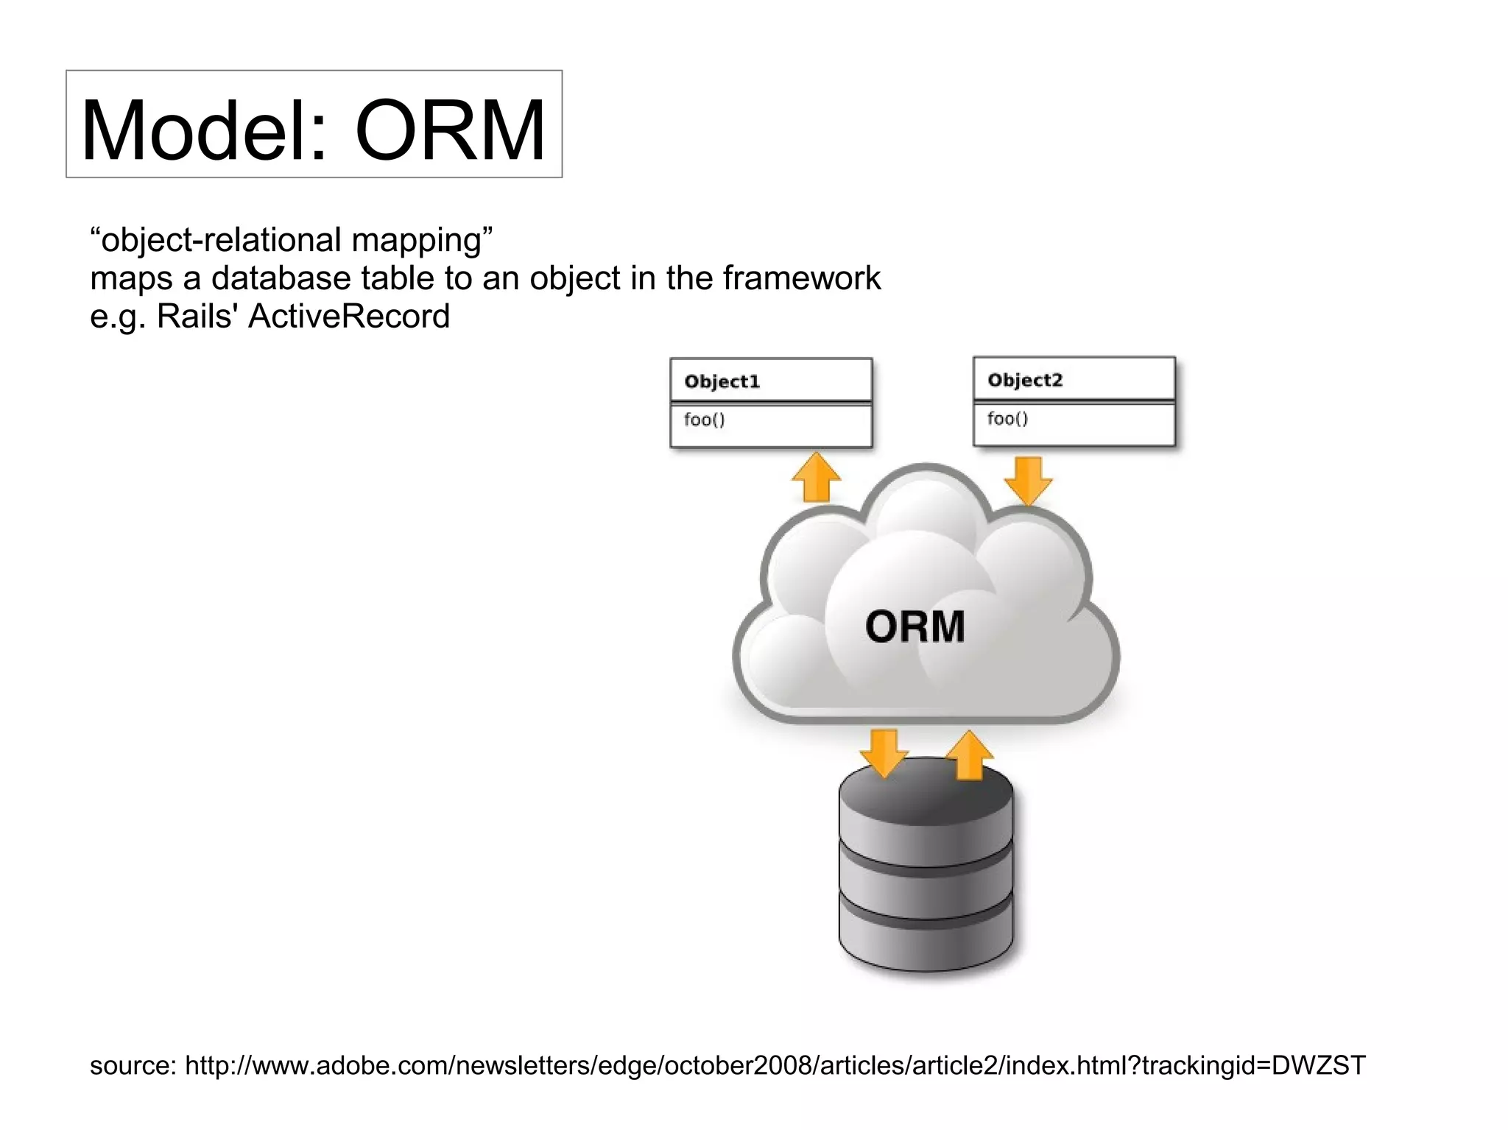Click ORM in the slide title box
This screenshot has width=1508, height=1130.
click(450, 131)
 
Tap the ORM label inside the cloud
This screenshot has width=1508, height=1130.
click(915, 626)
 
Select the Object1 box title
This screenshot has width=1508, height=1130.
click(722, 381)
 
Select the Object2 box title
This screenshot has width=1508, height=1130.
click(1025, 380)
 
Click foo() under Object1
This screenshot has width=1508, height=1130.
click(704, 420)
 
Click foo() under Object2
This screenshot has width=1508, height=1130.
click(1007, 418)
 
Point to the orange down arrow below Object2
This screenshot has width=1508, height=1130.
click(1028, 480)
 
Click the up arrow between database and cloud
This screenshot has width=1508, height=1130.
click(969, 755)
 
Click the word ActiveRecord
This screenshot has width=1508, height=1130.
click(349, 317)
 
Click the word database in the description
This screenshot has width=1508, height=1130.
click(281, 278)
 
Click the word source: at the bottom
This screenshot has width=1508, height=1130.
click(133, 1065)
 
